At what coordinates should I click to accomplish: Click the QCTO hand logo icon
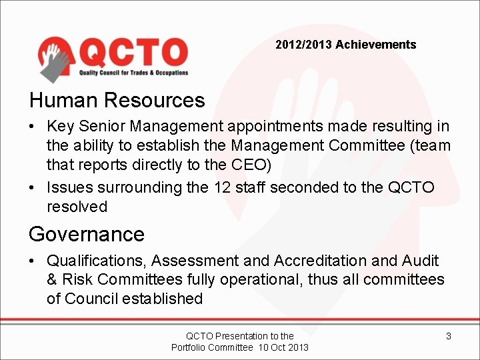pyautogui.click(x=56, y=57)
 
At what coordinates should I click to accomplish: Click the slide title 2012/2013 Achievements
pyautogui.click(x=345, y=45)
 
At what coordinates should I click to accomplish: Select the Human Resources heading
pyautogui.click(x=117, y=101)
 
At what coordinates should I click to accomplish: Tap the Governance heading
pyautogui.click(x=86, y=234)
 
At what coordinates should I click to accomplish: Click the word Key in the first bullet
pyautogui.click(x=61, y=126)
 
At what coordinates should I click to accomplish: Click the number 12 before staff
pyautogui.click(x=223, y=187)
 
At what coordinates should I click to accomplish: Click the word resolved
pyautogui.click(x=77, y=207)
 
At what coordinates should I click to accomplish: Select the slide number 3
pyautogui.click(x=448, y=336)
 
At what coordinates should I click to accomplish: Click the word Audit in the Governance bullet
pyautogui.click(x=420, y=261)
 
